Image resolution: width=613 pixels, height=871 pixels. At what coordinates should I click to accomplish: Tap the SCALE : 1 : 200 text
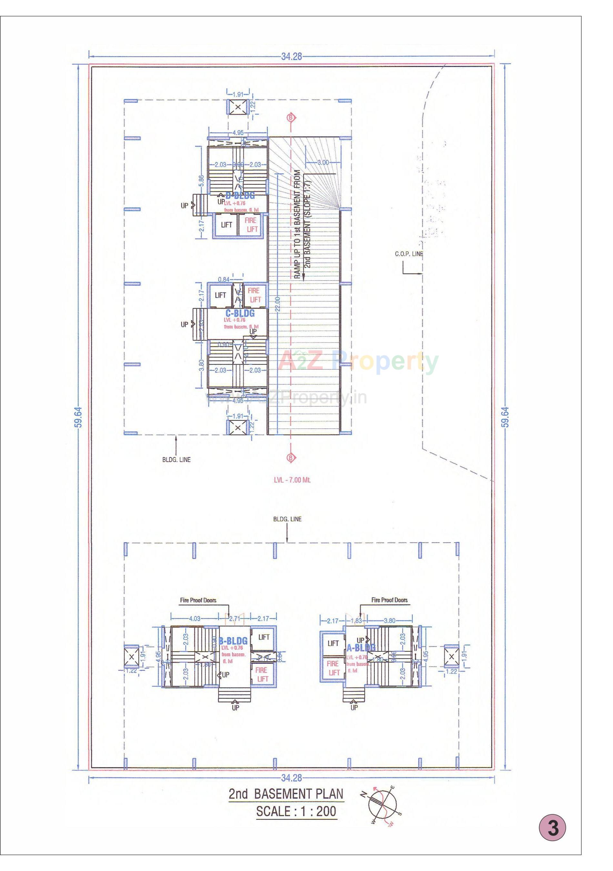coord(296,811)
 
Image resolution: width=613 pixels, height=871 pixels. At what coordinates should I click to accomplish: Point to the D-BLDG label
coord(240,196)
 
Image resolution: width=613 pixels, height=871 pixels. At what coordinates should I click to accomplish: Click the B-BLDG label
coord(233,641)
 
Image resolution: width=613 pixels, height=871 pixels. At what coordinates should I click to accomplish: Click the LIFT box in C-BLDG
coord(220,295)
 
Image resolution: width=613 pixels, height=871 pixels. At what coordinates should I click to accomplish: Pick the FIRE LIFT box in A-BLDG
coord(333,668)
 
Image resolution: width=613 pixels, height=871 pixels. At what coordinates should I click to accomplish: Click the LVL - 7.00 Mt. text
coord(292,480)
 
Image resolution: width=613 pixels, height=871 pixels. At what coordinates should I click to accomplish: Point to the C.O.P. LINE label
coord(408,254)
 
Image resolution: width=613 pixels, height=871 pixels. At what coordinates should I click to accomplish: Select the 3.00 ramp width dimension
coord(322,162)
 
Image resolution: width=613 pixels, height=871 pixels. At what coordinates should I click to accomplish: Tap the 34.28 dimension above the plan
coord(291,56)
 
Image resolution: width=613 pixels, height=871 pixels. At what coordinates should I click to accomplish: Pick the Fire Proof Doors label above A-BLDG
coord(389,600)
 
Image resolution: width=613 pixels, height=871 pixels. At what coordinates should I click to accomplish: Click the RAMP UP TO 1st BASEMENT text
coord(297,224)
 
